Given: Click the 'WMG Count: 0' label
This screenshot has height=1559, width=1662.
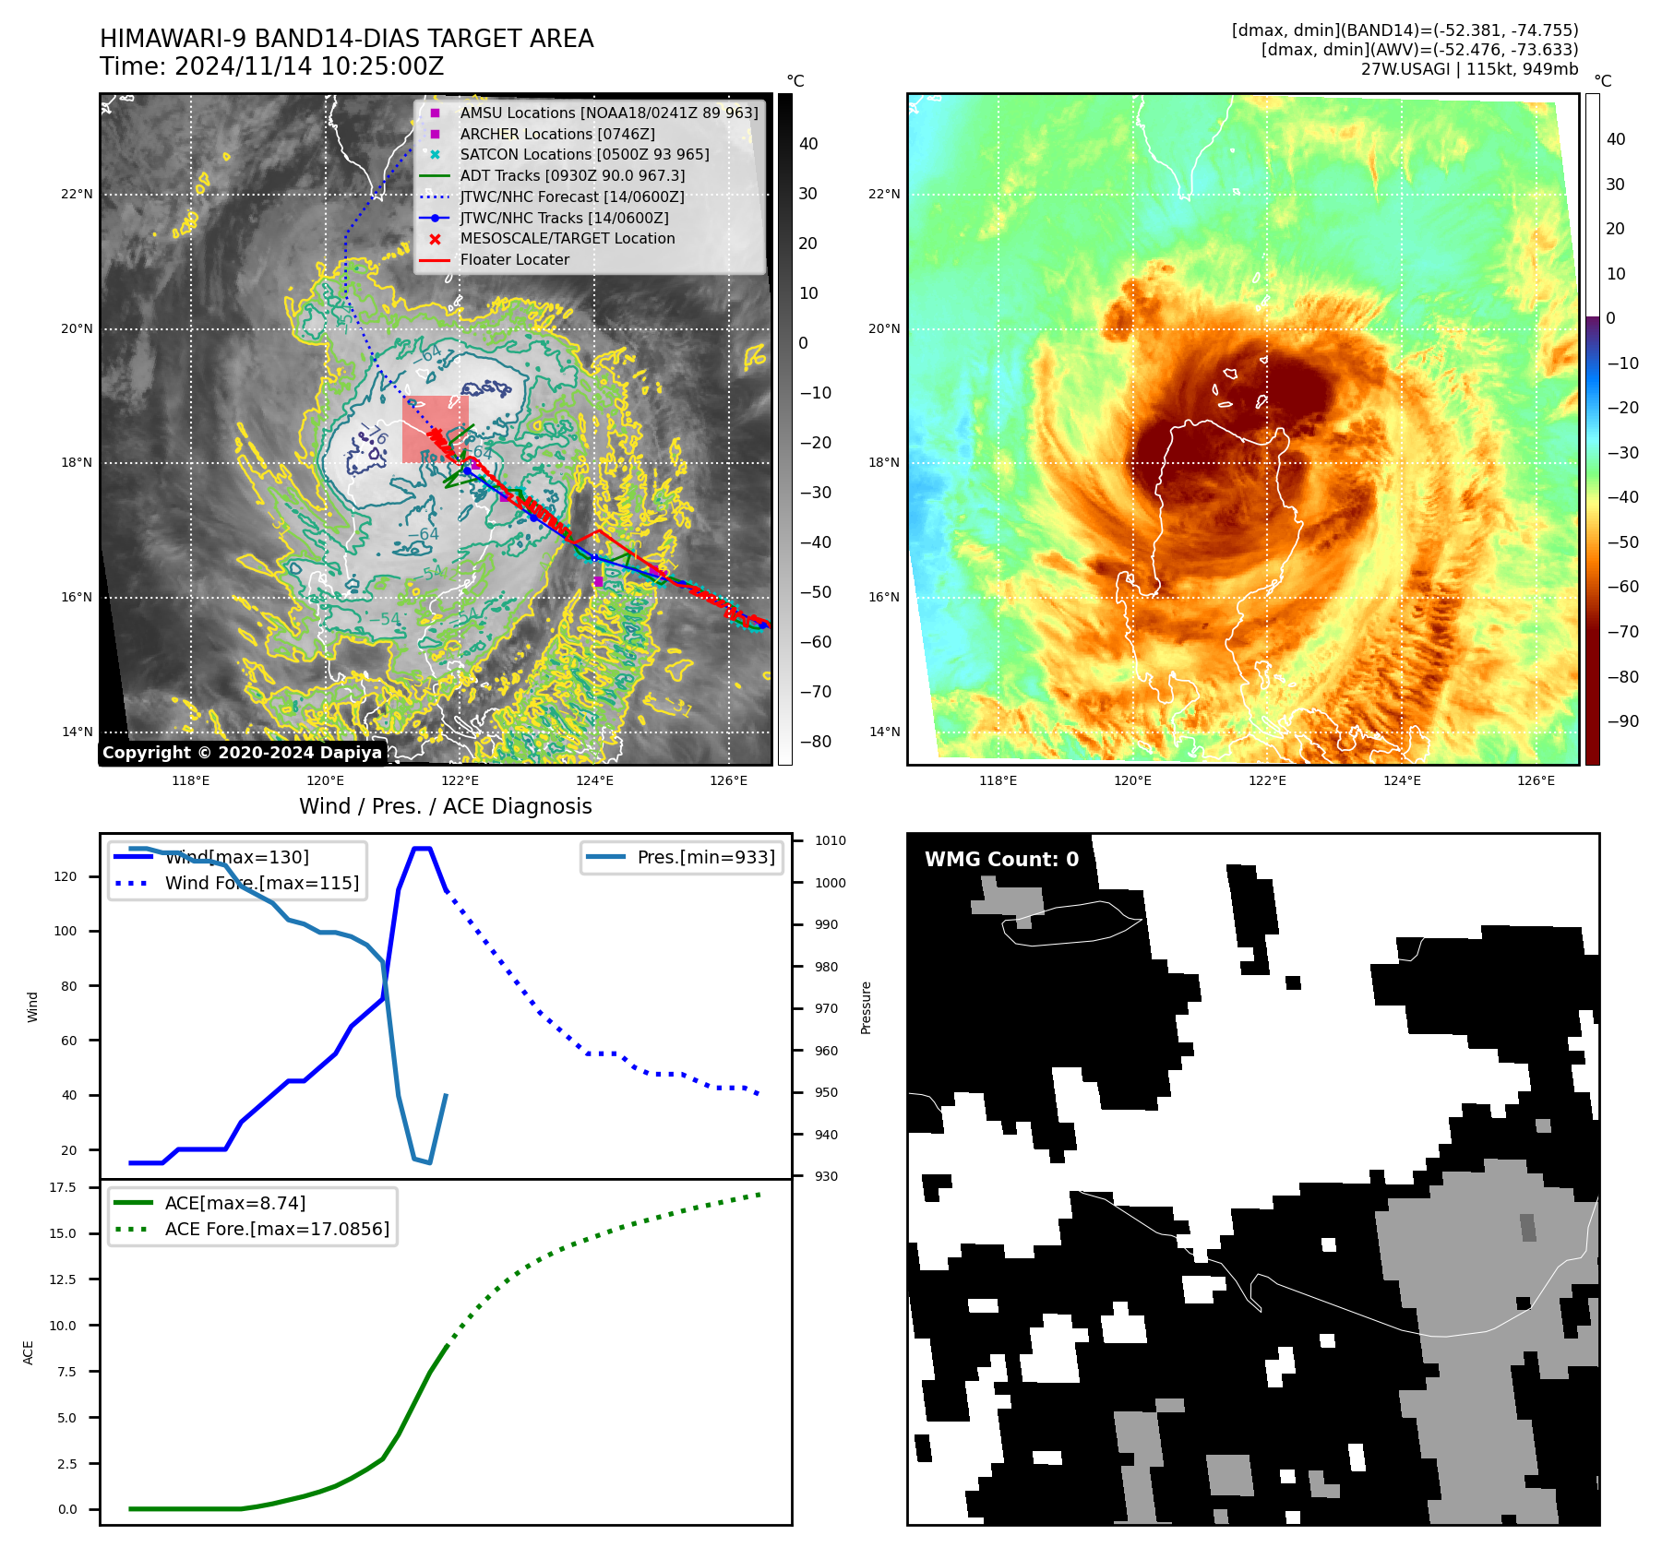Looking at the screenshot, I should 1001,860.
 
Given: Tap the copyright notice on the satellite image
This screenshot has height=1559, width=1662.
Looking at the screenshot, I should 242,753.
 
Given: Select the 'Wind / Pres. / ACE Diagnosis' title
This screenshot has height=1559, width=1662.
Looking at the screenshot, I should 445,806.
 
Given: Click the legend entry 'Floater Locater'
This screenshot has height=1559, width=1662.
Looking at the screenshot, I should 514,260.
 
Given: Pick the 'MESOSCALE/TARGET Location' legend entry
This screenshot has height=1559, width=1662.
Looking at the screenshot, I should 567,239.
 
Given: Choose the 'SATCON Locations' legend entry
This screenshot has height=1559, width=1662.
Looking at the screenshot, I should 584,155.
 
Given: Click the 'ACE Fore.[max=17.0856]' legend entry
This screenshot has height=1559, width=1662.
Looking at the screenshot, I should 277,1230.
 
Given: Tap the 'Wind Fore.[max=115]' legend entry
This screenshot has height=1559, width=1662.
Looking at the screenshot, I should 261,883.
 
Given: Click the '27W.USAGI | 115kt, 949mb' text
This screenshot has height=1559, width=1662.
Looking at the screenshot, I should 1469,69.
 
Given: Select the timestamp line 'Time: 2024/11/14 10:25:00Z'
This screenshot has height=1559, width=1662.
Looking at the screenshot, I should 271,67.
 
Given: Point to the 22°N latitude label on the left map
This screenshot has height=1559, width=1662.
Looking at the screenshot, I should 78,195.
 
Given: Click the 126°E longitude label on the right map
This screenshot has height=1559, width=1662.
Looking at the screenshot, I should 1536,781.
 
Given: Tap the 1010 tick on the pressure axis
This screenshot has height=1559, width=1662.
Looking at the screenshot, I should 830,841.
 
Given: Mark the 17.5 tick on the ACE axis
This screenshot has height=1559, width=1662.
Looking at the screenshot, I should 63,1187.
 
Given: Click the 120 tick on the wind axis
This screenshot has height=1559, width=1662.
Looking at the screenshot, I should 66,876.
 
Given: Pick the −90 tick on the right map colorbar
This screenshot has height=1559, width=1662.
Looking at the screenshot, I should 1622,721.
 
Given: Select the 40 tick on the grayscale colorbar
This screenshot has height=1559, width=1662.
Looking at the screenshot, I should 808,144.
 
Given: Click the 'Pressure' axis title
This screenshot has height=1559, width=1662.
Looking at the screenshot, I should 866,1007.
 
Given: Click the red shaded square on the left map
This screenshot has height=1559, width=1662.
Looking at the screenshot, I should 435,429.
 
